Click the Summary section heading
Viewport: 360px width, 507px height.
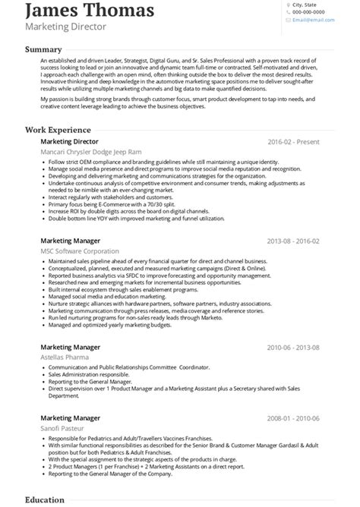(43, 49)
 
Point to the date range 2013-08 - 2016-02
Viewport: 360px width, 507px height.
(293, 241)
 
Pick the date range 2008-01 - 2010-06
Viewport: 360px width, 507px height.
(293, 418)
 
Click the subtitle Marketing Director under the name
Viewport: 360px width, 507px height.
(66, 27)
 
